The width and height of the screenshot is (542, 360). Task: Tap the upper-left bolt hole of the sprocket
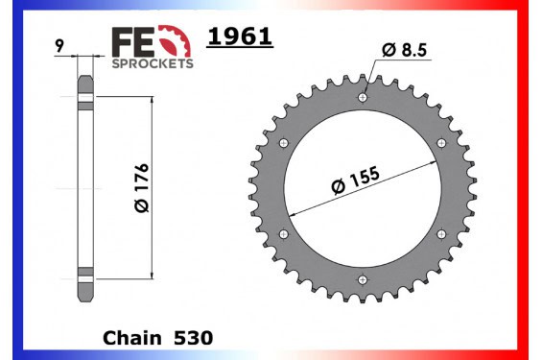coord(282,143)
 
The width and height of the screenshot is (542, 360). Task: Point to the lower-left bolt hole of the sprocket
coord(282,234)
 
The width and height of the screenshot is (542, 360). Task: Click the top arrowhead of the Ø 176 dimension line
coord(152,99)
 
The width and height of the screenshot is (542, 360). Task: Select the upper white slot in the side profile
coord(84,99)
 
